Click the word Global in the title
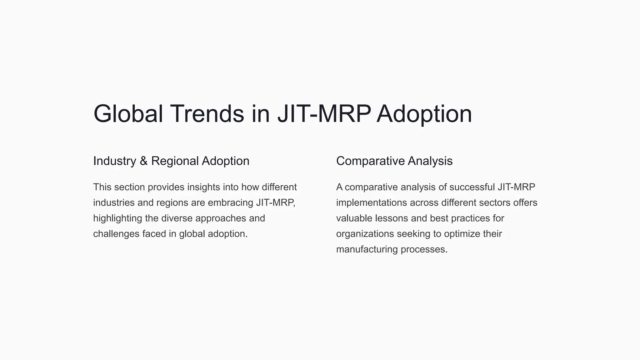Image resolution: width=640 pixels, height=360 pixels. coord(128,114)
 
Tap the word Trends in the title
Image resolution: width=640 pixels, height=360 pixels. coord(207,114)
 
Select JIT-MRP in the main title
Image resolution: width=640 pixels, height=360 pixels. coord(324,114)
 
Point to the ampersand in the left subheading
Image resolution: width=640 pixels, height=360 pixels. coord(143,161)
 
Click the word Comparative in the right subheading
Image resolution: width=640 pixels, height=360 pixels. coord(370,161)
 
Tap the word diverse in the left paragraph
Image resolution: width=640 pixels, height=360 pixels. coord(177,218)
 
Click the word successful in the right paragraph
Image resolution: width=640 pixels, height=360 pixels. coord(472,187)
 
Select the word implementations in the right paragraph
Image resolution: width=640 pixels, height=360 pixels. coord(372,203)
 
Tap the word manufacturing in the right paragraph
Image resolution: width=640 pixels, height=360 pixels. coord(367,250)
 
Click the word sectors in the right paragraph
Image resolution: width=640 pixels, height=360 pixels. coord(495,203)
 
